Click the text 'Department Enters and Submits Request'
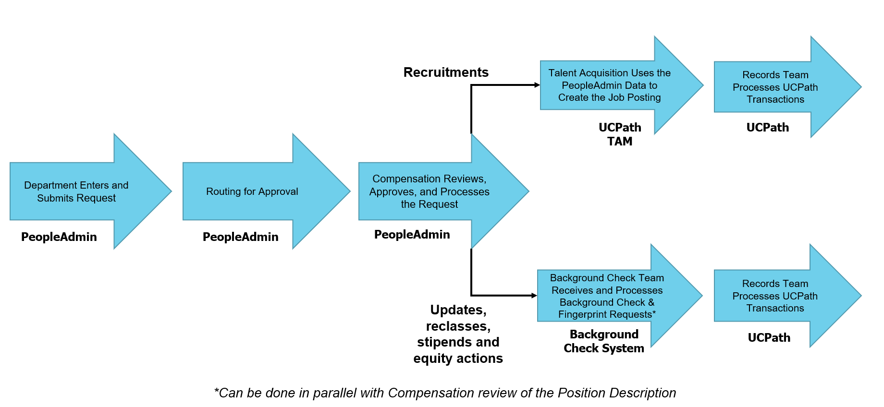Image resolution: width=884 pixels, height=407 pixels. pos(76,192)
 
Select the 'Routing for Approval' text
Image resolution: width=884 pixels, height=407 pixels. pos(252,192)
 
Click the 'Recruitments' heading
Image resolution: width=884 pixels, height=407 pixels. pos(446,72)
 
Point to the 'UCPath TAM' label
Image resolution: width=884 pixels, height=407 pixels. pos(620,134)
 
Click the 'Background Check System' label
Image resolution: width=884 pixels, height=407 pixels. pos(604,341)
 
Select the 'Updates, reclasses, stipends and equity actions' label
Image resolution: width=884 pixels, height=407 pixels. pos(458,334)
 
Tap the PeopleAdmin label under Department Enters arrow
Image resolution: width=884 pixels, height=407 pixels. pos(59,237)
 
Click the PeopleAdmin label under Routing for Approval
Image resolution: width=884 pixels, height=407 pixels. pos(240,237)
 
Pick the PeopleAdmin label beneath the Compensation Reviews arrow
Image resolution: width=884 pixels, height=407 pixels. pos(412,235)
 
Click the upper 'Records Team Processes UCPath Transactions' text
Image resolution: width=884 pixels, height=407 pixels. pos(775,87)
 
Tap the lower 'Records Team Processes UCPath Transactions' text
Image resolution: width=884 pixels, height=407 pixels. pos(775,296)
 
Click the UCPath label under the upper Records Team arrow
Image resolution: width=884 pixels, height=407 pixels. pos(767,128)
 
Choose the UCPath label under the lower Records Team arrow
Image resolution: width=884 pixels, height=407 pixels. pos(769,338)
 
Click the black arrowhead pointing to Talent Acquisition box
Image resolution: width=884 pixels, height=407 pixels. pos(537,85)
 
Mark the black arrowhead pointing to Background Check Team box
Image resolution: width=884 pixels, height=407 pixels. pos(534,296)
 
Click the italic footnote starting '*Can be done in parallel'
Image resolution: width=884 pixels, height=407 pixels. pos(445,393)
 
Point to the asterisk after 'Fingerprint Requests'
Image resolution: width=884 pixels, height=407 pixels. pos(654,313)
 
